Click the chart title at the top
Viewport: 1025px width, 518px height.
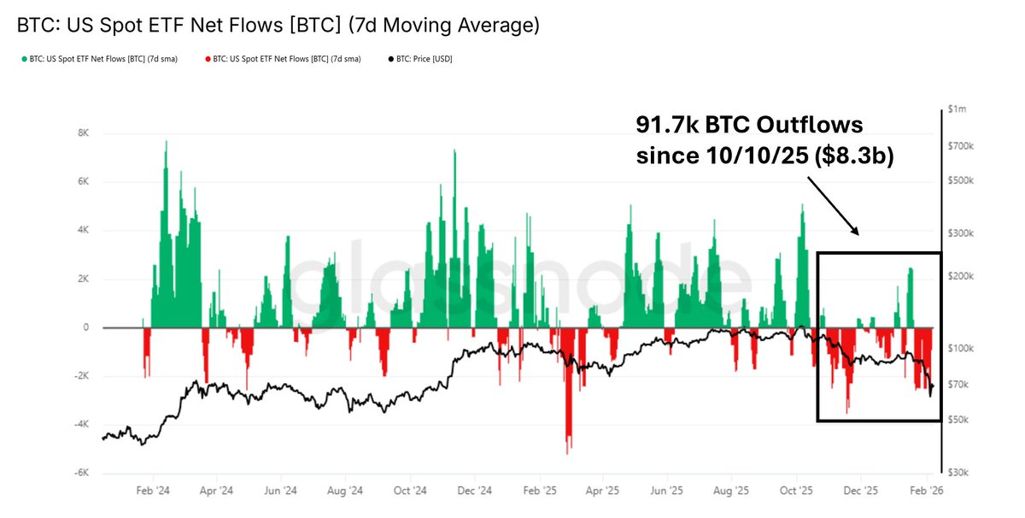[x=278, y=26]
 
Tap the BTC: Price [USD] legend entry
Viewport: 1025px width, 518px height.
[x=421, y=59]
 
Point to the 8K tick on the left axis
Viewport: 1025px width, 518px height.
[x=83, y=133]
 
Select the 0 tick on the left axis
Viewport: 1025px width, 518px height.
[x=86, y=327]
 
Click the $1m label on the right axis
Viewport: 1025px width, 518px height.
[x=957, y=109]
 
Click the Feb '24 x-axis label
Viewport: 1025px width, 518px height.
[x=153, y=492]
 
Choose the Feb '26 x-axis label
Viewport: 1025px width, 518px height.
[x=926, y=492]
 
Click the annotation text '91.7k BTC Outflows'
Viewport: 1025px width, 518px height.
[x=749, y=126]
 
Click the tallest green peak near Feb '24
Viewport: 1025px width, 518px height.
[x=166, y=142]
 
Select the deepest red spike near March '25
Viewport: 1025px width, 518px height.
[x=568, y=451]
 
